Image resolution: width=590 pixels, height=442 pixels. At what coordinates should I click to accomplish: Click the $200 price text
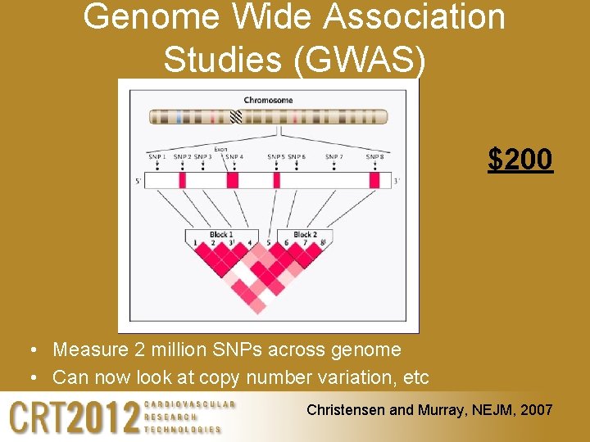[520, 159]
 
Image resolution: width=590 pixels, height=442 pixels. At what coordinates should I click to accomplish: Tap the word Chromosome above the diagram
[268, 101]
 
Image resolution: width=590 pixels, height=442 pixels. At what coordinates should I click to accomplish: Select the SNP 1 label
[157, 157]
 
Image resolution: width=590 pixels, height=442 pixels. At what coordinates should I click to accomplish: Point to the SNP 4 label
[234, 157]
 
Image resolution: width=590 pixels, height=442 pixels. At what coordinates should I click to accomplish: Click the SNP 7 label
[334, 157]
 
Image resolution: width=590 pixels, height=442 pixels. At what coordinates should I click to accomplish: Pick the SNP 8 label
[374, 157]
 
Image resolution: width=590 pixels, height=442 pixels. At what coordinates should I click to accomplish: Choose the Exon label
[220, 149]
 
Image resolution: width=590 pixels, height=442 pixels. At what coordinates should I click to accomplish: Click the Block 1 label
[220, 235]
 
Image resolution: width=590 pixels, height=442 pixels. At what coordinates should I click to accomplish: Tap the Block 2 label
[305, 235]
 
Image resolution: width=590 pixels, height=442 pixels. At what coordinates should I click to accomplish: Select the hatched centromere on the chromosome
[237, 117]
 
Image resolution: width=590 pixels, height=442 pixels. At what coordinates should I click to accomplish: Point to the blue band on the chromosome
[179, 117]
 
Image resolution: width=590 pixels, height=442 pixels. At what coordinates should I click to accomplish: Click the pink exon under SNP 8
[374, 180]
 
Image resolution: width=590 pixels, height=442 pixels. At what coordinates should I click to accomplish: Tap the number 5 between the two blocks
[269, 243]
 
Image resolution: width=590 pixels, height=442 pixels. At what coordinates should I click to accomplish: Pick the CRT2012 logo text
[74, 417]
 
